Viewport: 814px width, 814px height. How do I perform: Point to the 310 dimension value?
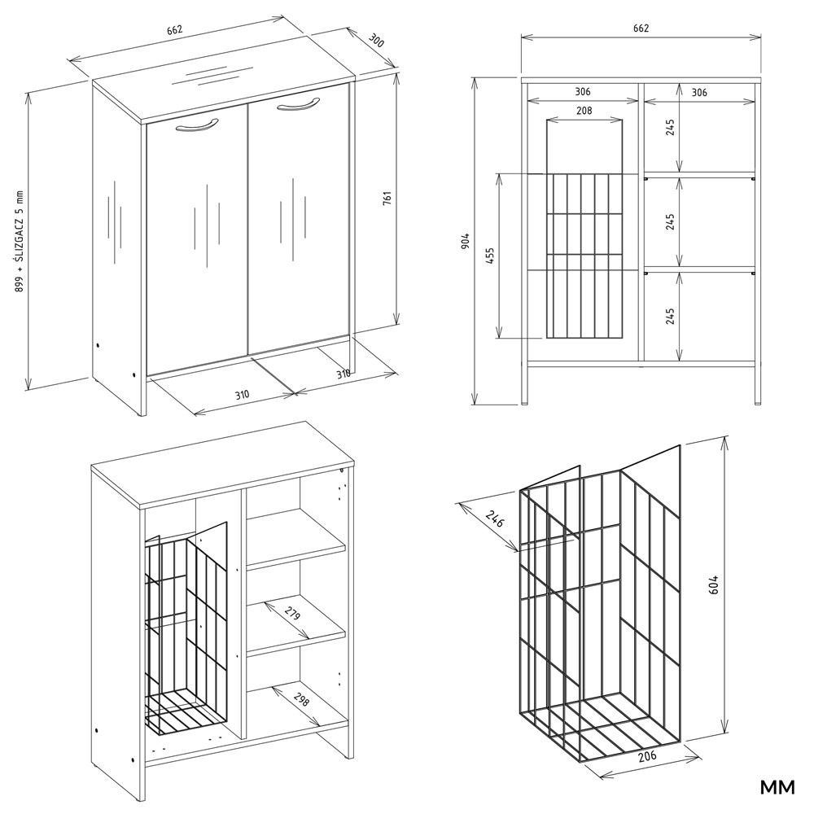[x=242, y=395]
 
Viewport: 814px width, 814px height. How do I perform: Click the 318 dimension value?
[x=344, y=373]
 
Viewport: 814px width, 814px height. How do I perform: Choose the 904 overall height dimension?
[x=464, y=241]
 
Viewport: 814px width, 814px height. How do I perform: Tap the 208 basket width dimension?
[x=584, y=111]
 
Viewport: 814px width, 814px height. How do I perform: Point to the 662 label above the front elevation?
[x=641, y=28]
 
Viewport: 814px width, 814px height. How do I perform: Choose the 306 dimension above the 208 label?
[x=582, y=93]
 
